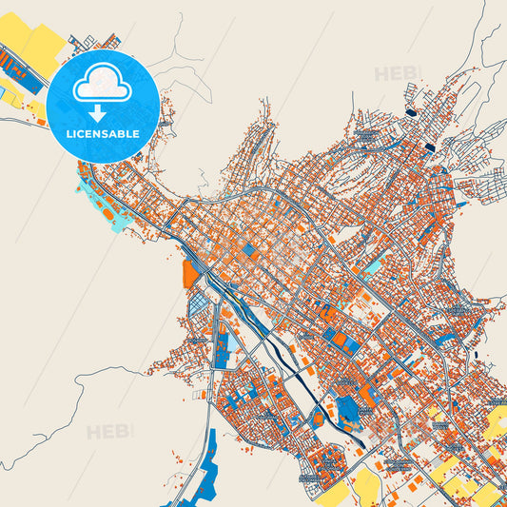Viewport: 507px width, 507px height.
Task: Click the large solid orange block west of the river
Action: (x=190, y=273)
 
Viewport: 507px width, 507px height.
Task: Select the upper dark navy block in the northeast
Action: (x=411, y=113)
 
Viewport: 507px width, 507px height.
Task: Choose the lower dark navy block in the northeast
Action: (x=430, y=147)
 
